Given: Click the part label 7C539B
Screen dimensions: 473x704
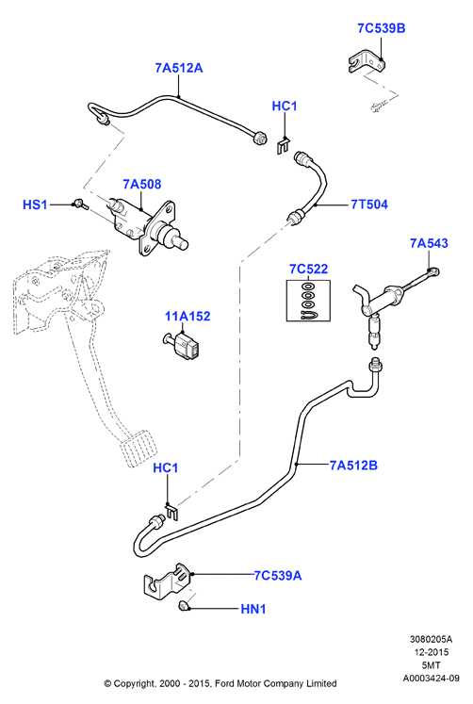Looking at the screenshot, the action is (381, 28).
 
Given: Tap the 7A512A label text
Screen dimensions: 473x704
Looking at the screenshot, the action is (179, 68).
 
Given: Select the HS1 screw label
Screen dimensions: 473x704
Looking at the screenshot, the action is (35, 205).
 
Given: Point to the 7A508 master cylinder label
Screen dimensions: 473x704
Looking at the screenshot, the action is (142, 184).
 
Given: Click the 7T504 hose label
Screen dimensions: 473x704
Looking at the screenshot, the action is (369, 205).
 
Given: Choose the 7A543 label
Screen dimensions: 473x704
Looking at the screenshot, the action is (429, 243).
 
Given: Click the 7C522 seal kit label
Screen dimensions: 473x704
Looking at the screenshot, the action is (308, 269).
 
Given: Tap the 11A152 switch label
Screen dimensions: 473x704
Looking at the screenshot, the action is (188, 316).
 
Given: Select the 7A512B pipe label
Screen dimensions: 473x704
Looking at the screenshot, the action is (353, 466).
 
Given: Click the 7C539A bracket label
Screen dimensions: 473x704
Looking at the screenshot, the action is (278, 575).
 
